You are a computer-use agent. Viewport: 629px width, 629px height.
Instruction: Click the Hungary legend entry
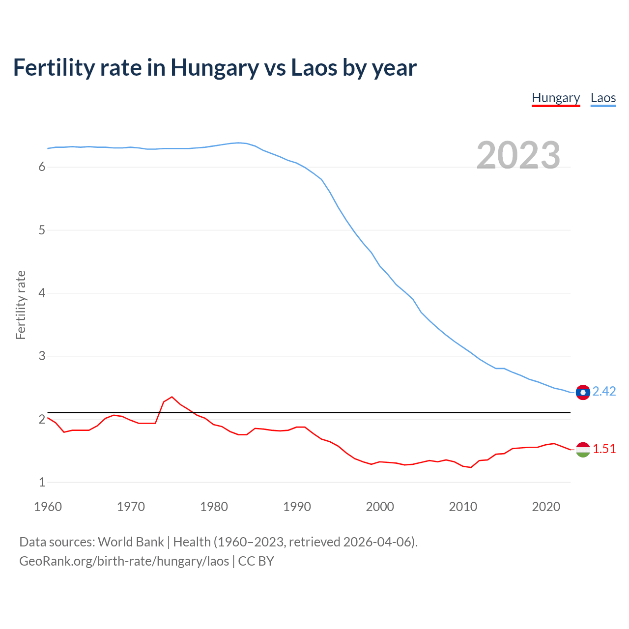pyautogui.click(x=556, y=98)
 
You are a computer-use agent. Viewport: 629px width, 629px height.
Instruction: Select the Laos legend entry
pyautogui.click(x=603, y=98)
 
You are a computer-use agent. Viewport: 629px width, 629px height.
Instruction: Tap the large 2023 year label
pyautogui.click(x=518, y=155)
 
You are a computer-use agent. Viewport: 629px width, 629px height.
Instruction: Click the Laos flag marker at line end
pyautogui.click(x=583, y=392)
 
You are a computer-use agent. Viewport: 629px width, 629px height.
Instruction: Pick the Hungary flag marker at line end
pyautogui.click(x=583, y=450)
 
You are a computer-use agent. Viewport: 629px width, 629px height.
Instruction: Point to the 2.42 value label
pyautogui.click(x=604, y=391)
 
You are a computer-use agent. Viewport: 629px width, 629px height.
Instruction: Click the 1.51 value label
pyautogui.click(x=604, y=449)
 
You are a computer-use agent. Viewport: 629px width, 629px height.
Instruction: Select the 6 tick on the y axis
pyautogui.click(x=42, y=167)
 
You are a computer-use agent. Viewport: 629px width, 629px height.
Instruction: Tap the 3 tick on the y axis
pyautogui.click(x=42, y=356)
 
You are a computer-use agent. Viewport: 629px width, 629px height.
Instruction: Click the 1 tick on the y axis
pyautogui.click(x=42, y=482)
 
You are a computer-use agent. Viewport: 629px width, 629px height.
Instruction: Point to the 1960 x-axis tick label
pyautogui.click(x=48, y=507)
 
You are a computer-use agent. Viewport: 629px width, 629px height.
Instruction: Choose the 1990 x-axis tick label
pyautogui.click(x=297, y=507)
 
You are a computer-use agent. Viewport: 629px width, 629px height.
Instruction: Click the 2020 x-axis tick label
pyautogui.click(x=546, y=507)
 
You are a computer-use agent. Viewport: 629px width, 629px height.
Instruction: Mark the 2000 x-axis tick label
pyautogui.click(x=380, y=507)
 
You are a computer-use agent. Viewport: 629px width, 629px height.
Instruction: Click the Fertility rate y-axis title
pyautogui.click(x=21, y=305)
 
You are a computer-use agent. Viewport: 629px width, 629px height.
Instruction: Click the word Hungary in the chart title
pyautogui.click(x=214, y=68)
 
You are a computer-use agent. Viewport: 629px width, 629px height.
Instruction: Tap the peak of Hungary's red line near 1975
pyautogui.click(x=172, y=397)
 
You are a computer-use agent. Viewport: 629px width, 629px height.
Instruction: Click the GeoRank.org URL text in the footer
pyautogui.click(x=124, y=561)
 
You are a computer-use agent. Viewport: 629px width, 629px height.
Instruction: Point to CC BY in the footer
pyautogui.click(x=256, y=561)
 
